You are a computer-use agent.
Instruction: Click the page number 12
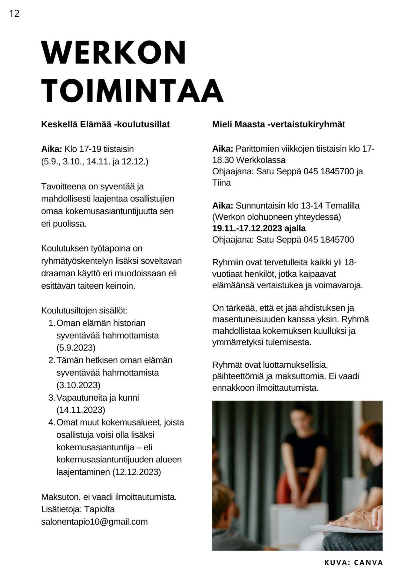[x=14, y=14]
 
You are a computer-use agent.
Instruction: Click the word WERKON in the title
[x=114, y=53]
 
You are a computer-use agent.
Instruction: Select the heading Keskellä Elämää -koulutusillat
[x=105, y=124]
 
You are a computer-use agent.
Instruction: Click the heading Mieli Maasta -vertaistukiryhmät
[x=278, y=124]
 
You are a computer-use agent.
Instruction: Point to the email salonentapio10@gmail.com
[x=94, y=522]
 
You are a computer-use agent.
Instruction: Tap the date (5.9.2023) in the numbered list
[x=76, y=348]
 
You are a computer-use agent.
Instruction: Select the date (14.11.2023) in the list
[x=81, y=410]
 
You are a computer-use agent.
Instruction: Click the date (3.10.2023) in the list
[x=78, y=385]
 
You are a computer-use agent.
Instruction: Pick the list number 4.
[x=51, y=422]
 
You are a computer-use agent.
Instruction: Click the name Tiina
[x=221, y=183]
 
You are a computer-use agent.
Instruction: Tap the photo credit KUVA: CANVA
[x=353, y=563]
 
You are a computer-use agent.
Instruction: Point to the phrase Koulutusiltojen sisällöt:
[x=84, y=311]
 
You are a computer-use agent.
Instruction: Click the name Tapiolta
[x=99, y=509]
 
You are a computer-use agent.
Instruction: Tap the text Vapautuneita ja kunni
[x=98, y=397]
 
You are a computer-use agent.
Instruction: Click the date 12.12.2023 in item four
[x=136, y=472]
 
